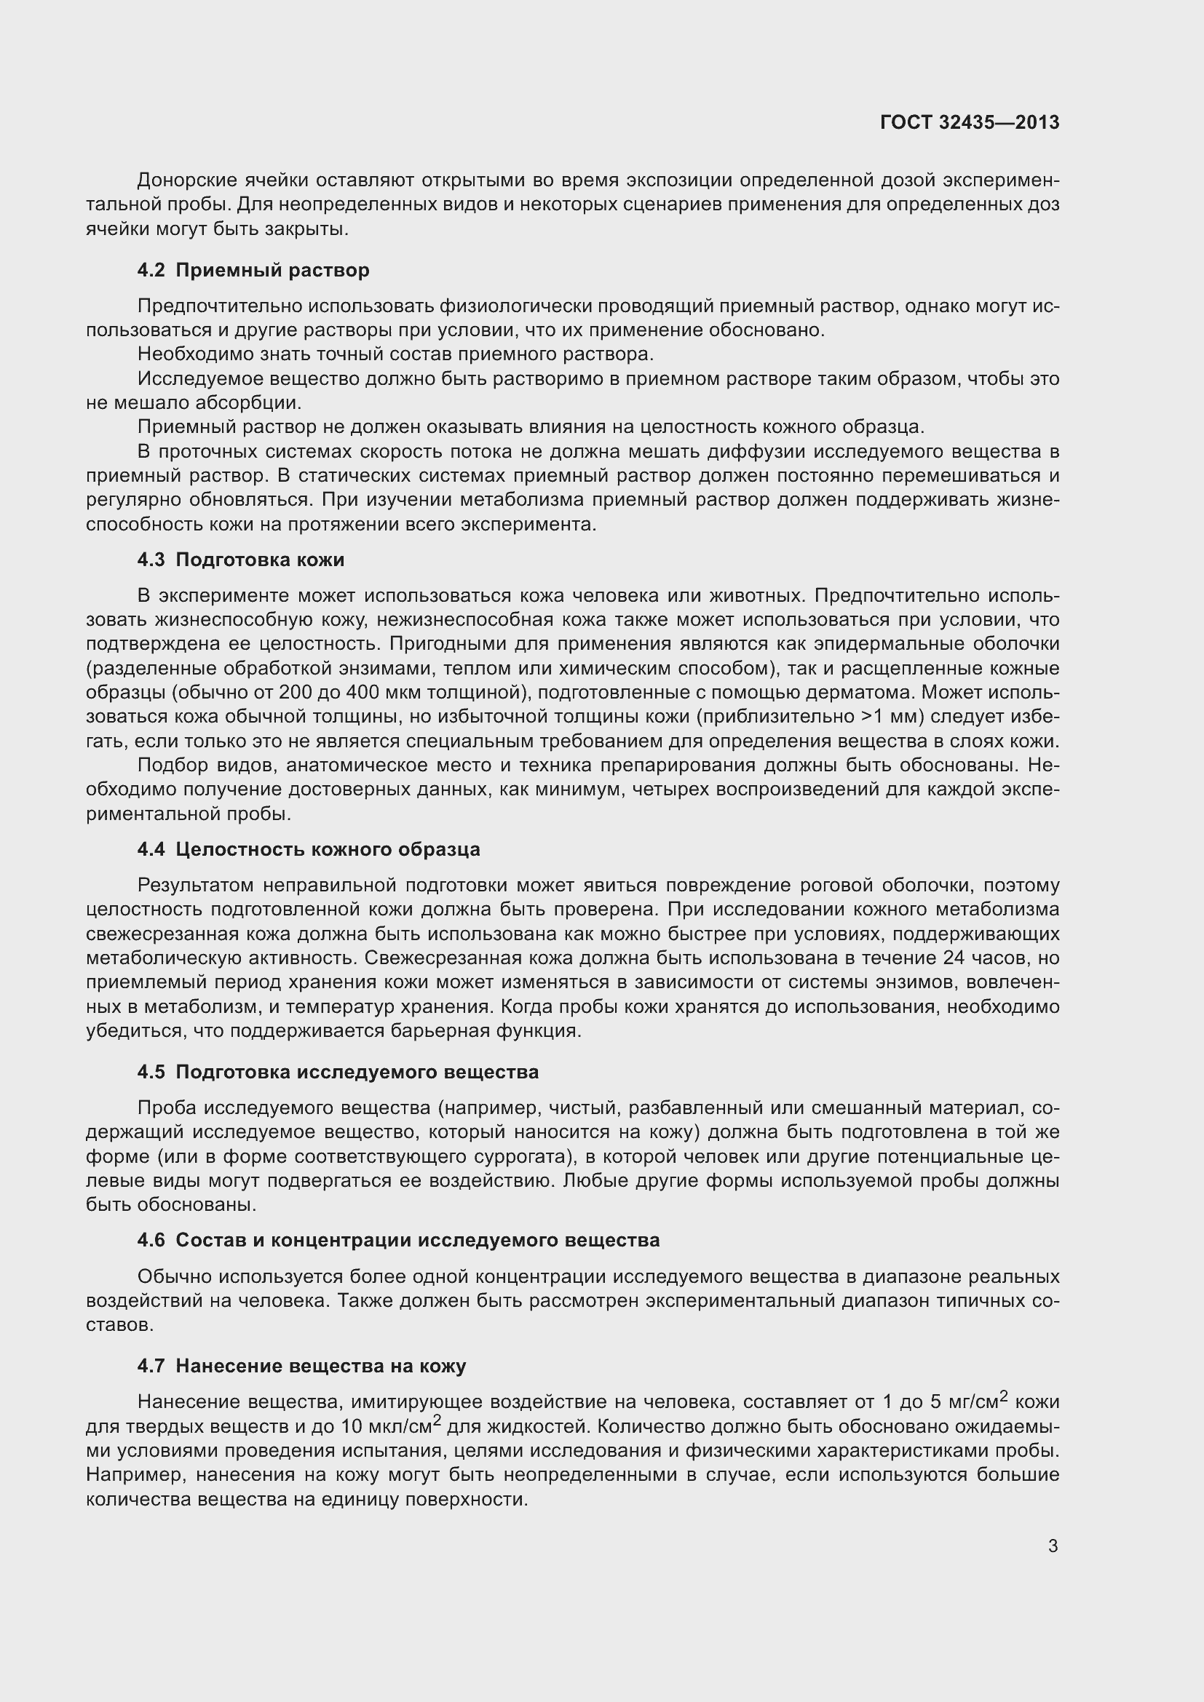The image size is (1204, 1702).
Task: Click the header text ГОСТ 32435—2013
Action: pos(969,122)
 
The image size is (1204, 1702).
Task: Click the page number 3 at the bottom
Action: pos(1053,1546)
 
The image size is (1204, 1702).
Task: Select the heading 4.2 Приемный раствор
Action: pos(253,270)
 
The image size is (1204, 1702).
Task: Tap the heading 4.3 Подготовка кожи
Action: pos(240,560)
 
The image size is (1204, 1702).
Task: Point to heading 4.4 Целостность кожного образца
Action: pos(309,848)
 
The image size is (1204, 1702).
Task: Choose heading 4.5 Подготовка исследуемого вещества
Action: pos(337,1072)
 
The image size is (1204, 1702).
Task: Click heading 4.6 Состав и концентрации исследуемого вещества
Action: pos(398,1240)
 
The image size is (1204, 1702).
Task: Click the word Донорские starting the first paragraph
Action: pos(188,180)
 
